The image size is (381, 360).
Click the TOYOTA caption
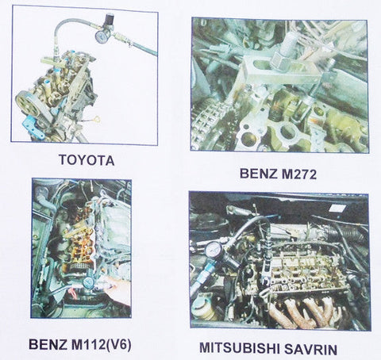coord(87,159)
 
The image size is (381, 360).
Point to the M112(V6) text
coord(101,345)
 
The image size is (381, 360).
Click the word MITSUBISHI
coord(239,348)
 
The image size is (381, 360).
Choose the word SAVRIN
coord(310,349)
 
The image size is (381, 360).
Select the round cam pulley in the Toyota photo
coord(26,102)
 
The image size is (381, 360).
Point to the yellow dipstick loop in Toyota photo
coord(98,119)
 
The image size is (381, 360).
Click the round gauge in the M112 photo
coord(87,283)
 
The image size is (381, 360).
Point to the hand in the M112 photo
coord(118,290)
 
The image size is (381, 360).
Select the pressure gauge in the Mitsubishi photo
coord(214,250)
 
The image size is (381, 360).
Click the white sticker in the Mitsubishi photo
coord(337,208)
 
